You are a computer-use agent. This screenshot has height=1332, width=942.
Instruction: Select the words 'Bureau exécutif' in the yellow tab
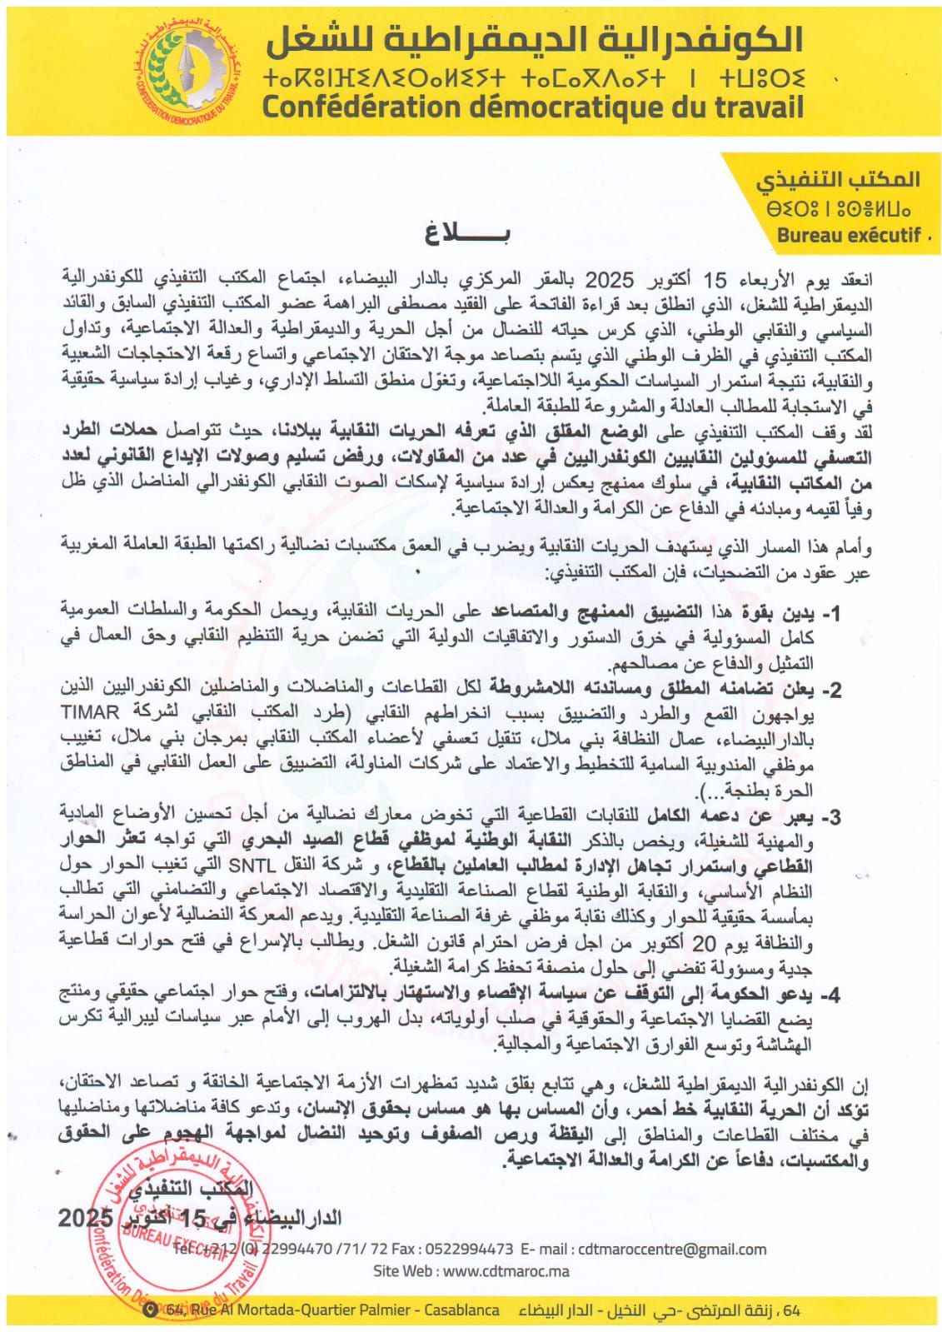point(848,236)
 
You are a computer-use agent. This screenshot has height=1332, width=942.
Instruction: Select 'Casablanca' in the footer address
point(462,1310)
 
